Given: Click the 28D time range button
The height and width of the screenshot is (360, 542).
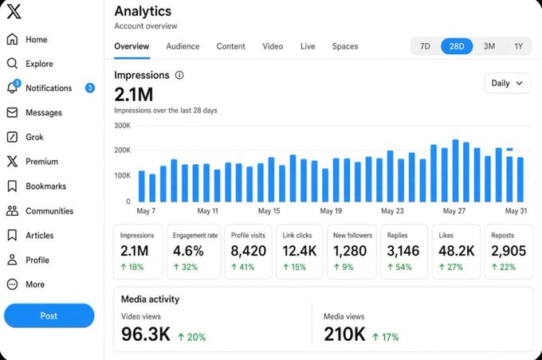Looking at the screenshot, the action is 456,46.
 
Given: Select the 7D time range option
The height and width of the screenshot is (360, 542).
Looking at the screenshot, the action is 425,46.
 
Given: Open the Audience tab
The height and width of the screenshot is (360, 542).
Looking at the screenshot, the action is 183,46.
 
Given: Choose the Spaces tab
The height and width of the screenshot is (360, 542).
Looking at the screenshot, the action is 345,46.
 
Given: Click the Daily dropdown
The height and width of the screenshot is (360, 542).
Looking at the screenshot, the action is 507,84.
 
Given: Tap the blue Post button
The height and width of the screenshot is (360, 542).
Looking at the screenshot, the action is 49,315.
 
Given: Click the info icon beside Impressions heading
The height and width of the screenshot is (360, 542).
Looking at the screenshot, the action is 179,75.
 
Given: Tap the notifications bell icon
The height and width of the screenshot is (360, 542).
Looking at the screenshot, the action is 13,88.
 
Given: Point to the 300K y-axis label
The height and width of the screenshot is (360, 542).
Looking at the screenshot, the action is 123,125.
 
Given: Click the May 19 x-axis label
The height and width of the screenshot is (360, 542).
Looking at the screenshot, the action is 331,211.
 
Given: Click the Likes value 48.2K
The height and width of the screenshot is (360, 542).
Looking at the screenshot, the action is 456,251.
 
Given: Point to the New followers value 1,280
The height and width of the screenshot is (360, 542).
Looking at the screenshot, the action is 350,251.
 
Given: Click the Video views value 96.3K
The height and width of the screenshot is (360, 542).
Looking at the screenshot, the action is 146,334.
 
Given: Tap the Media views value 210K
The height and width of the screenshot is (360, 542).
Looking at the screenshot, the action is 344,334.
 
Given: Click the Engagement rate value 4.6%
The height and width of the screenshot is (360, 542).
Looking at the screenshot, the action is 188,251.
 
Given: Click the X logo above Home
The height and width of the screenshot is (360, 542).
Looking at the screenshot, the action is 14,11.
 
